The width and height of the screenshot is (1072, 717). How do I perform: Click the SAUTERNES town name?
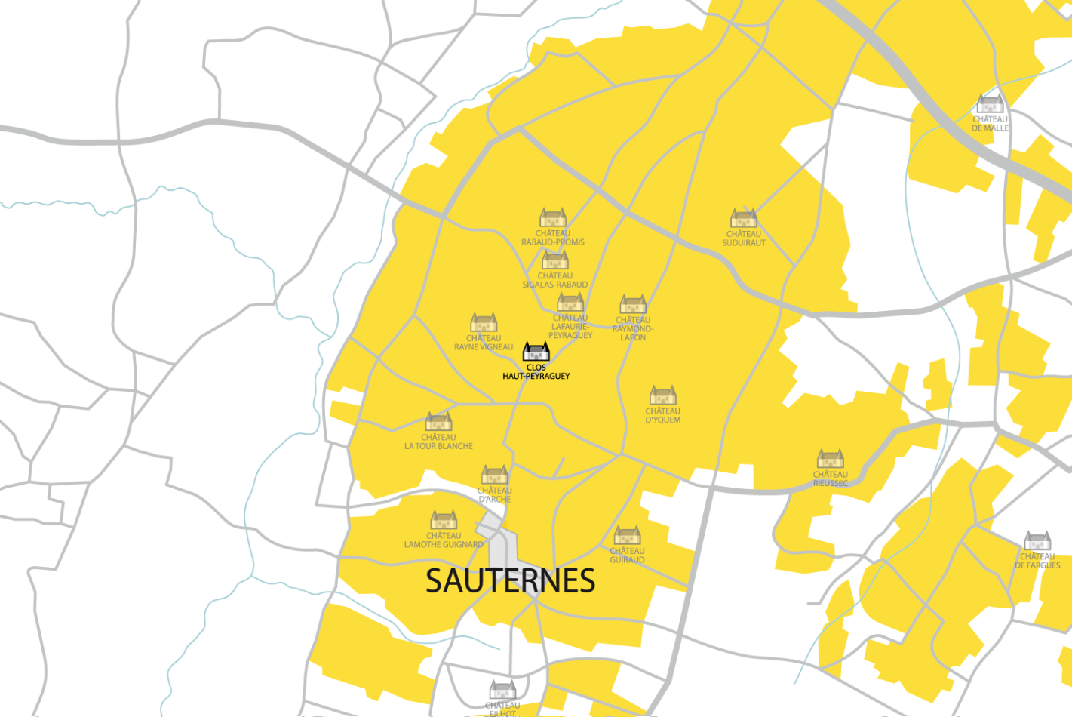click(x=511, y=580)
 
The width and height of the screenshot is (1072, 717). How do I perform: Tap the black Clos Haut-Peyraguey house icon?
click(x=536, y=352)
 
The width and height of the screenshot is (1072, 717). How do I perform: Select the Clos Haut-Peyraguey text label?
click(x=536, y=372)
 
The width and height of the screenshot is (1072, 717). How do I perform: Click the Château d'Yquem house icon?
click(x=663, y=395)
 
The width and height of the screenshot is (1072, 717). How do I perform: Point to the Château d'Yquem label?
click(x=663, y=416)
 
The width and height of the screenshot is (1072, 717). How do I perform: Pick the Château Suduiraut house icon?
click(x=744, y=218)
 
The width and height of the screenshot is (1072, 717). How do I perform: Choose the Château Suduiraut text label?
click(x=744, y=238)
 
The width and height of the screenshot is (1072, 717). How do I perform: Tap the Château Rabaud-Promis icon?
click(x=553, y=217)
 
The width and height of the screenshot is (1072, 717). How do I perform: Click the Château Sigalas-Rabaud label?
click(x=555, y=280)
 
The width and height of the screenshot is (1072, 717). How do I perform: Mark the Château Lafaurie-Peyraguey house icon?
click(x=570, y=302)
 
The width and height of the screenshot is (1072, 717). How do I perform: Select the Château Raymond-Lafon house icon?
click(x=633, y=304)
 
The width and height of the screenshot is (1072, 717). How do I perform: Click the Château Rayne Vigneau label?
click(x=484, y=343)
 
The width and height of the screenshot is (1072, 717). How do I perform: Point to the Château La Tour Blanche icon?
click(x=439, y=421)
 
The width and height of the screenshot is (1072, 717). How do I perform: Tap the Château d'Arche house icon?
click(x=495, y=475)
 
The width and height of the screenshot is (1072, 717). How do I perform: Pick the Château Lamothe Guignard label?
click(x=444, y=540)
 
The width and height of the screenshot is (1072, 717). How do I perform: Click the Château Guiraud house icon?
click(x=628, y=535)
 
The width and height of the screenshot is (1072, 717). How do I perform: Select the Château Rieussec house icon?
click(x=831, y=459)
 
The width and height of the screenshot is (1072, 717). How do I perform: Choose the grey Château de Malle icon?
click(x=990, y=103)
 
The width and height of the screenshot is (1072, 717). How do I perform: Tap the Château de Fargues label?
click(x=1037, y=561)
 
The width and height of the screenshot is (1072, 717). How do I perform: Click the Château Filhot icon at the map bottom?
click(x=502, y=690)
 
